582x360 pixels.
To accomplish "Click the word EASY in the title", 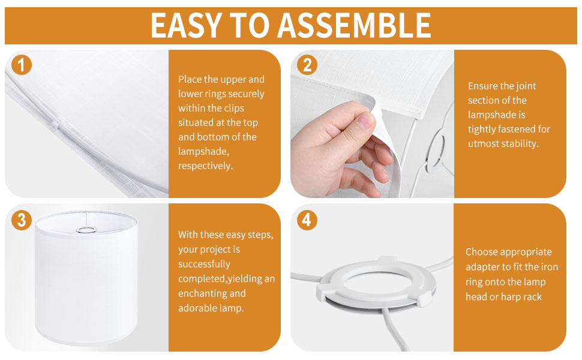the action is tap(186, 25).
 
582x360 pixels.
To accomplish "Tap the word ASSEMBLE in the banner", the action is tap(354, 25).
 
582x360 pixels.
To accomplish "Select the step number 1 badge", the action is tap(22, 65).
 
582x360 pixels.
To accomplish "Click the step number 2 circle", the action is tap(307, 65).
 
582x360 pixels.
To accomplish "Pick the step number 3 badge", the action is tap(22, 220).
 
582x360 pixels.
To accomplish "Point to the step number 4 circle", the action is tap(307, 220).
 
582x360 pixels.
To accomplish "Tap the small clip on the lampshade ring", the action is tap(55, 126).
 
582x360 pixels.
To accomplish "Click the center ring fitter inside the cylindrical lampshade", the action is tap(86, 230).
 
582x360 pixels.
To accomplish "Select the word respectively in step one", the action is tap(206, 166).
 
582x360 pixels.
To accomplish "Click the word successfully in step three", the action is tap(204, 264).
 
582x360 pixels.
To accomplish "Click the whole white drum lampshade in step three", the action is tap(86, 278).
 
